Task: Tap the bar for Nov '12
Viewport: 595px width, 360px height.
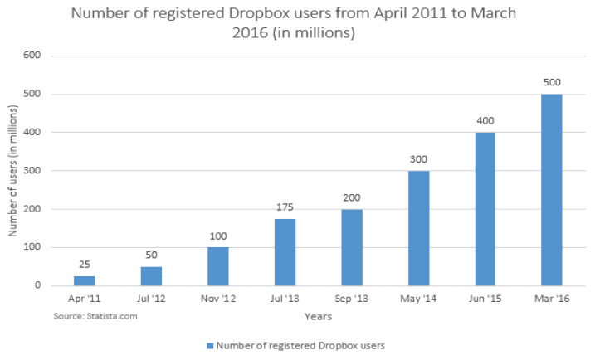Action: click(218, 266)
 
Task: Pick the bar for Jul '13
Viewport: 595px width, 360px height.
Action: click(285, 252)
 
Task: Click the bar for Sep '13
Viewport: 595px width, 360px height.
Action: click(352, 247)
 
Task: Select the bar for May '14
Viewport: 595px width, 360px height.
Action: click(418, 228)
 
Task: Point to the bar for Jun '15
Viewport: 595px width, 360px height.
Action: click(485, 209)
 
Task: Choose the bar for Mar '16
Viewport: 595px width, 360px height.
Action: click(552, 190)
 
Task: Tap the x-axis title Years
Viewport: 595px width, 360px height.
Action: click(317, 316)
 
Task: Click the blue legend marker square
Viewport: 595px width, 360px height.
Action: click(209, 344)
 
